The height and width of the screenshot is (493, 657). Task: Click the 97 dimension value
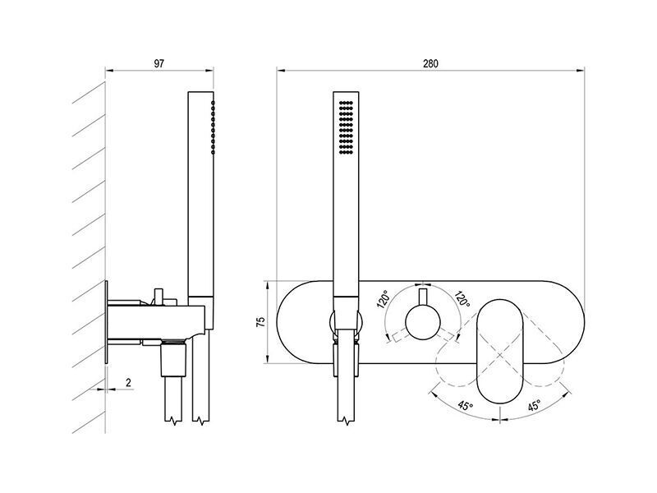[x=159, y=64]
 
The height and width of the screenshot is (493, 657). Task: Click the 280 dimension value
[x=430, y=64]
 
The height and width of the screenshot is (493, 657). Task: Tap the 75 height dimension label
[x=260, y=322]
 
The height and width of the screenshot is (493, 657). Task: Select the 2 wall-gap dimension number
[x=128, y=382]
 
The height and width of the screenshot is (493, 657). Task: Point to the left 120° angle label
[x=384, y=299]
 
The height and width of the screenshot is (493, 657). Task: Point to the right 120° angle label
[x=462, y=299]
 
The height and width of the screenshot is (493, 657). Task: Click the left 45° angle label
[x=466, y=406]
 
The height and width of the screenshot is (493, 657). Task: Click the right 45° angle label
[x=534, y=406]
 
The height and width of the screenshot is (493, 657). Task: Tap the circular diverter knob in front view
[x=422, y=322]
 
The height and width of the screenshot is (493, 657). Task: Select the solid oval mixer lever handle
[x=499, y=352]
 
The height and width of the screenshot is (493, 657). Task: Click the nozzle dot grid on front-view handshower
[x=346, y=127]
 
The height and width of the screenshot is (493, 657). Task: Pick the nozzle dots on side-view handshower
[x=213, y=127]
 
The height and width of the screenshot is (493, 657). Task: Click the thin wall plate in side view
[x=107, y=322]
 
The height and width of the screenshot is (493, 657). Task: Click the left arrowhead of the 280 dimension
[x=281, y=71]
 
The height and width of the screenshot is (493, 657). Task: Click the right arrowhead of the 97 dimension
[x=209, y=71]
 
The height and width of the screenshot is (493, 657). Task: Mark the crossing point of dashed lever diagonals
[x=499, y=356]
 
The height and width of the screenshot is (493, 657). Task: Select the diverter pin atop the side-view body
[x=159, y=297]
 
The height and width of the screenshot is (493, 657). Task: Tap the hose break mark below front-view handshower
[x=346, y=421]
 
